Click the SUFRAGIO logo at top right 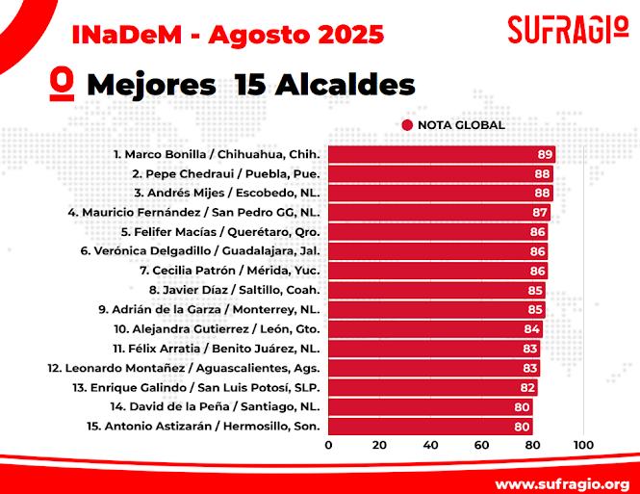click(567, 29)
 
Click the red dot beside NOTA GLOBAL click(407, 125)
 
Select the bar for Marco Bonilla click(441, 154)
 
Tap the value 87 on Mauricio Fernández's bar click(540, 213)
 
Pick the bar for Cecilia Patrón click(438, 271)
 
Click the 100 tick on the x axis click(582, 445)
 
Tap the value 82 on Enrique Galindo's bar click(527, 387)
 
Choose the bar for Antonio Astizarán click(430, 426)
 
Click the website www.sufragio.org click(562, 481)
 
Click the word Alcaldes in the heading click(346, 85)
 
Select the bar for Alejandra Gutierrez click(435, 328)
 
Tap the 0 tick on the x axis click(329, 445)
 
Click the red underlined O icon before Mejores click(64, 84)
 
